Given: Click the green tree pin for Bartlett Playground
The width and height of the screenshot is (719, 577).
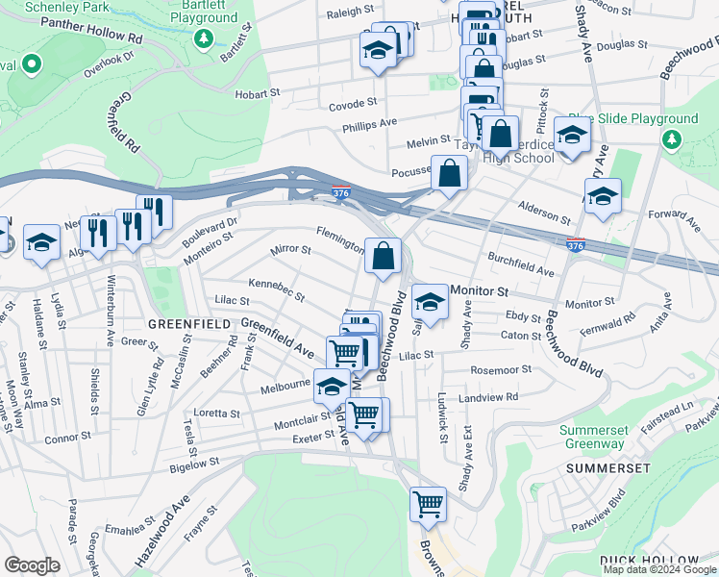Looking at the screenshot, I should [203, 38].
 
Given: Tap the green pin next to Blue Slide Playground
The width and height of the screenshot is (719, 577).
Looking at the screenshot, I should [670, 140].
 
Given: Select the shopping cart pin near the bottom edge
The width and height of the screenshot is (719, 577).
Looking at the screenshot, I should [428, 504].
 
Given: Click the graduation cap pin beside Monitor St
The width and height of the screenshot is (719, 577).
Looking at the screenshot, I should [430, 303].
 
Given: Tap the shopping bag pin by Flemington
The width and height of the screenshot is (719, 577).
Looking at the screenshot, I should [383, 257].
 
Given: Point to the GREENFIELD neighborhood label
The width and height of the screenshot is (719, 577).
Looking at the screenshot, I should [189, 324].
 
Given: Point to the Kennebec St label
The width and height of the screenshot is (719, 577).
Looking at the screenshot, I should [277, 288].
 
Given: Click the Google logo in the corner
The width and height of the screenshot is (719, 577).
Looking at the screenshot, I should [32, 564].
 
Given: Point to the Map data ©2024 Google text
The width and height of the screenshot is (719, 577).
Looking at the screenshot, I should [658, 569].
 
